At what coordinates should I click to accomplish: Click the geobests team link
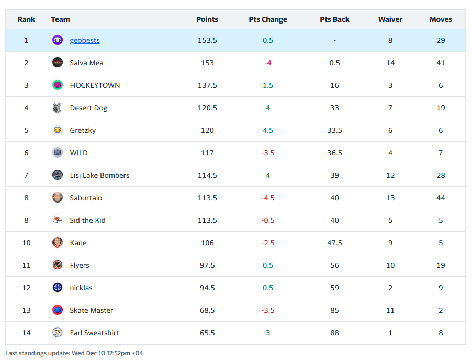point(84,40)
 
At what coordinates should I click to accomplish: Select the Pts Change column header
point(268,19)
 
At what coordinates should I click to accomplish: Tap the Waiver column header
point(390,19)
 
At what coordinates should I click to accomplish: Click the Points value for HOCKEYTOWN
point(207,85)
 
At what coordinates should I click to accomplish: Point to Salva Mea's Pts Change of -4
point(268,63)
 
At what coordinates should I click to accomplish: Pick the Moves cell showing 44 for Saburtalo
point(441,198)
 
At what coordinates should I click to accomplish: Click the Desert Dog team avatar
point(58,108)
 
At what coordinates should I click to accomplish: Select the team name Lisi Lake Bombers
point(99,175)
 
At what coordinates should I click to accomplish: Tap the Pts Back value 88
point(334,333)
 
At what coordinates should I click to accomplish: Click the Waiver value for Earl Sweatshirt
point(390,333)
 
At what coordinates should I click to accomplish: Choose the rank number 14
point(26,333)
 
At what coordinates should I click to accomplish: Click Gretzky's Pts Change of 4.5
point(268,130)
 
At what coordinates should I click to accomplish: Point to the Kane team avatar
point(58,243)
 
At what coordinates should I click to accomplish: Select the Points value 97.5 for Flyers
point(207,265)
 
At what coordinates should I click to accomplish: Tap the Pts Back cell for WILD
point(334,153)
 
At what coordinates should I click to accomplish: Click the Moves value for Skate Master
point(441,310)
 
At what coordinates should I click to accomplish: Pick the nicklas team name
point(81,288)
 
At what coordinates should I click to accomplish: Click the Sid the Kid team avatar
point(58,220)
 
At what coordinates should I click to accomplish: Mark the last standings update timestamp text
point(74,353)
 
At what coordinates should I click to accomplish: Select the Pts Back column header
point(334,19)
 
